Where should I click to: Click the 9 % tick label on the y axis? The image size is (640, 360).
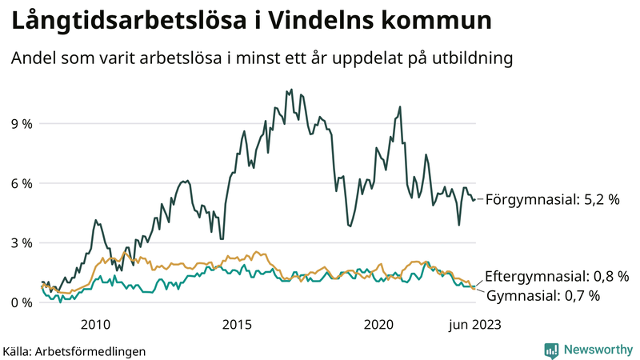click(x=21, y=124)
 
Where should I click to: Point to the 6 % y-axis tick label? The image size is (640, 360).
click(x=21, y=183)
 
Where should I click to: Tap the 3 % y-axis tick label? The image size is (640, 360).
click(x=21, y=242)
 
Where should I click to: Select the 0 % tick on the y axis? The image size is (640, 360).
click(x=21, y=302)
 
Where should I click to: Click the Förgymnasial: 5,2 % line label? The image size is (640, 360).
click(x=552, y=199)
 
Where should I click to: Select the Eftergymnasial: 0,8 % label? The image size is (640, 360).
click(x=557, y=276)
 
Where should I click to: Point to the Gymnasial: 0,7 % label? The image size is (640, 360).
click(x=543, y=296)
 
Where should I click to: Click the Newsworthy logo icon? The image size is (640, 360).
click(x=551, y=350)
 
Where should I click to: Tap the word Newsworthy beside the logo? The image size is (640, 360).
click(x=597, y=350)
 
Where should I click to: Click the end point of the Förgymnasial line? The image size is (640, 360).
click(x=475, y=199)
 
